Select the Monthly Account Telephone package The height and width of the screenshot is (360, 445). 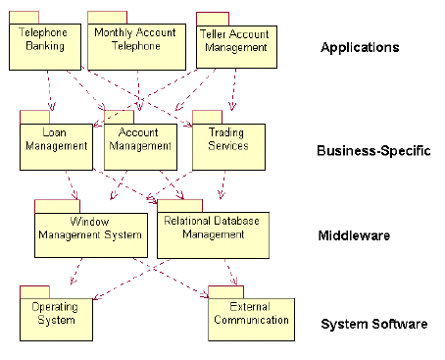pyautogui.click(x=135, y=45)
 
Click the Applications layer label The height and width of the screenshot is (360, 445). pyautogui.click(x=360, y=47)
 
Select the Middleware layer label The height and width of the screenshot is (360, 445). pyautogui.click(x=354, y=236)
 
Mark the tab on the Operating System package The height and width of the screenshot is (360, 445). pyautogui.click(x=34, y=291)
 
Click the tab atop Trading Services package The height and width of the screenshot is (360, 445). pyautogui.click(x=207, y=116)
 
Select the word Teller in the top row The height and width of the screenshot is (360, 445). pyautogui.click(x=215, y=33)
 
